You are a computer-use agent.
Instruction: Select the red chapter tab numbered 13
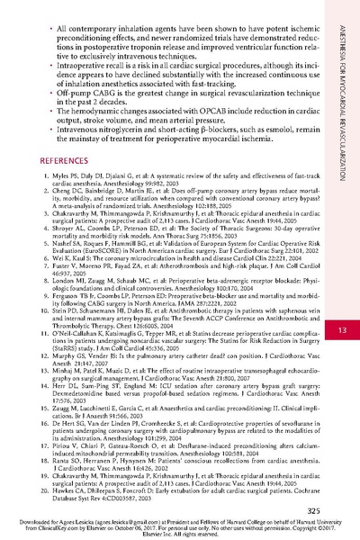(x=342, y=281)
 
